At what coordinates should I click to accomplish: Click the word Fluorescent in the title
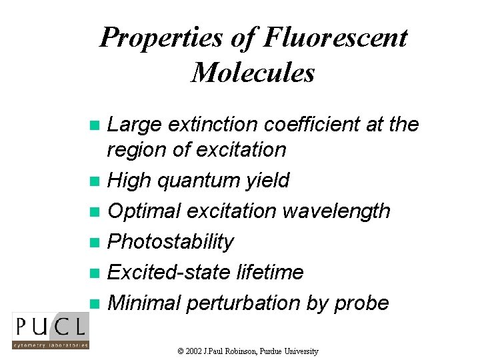coord(335,37)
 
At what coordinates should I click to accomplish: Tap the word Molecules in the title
coord(253,71)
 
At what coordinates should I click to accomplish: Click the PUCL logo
coord(50,331)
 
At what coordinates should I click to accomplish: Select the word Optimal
coord(144,211)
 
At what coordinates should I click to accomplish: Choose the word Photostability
coord(170,241)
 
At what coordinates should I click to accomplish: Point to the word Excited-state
coord(169,272)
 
